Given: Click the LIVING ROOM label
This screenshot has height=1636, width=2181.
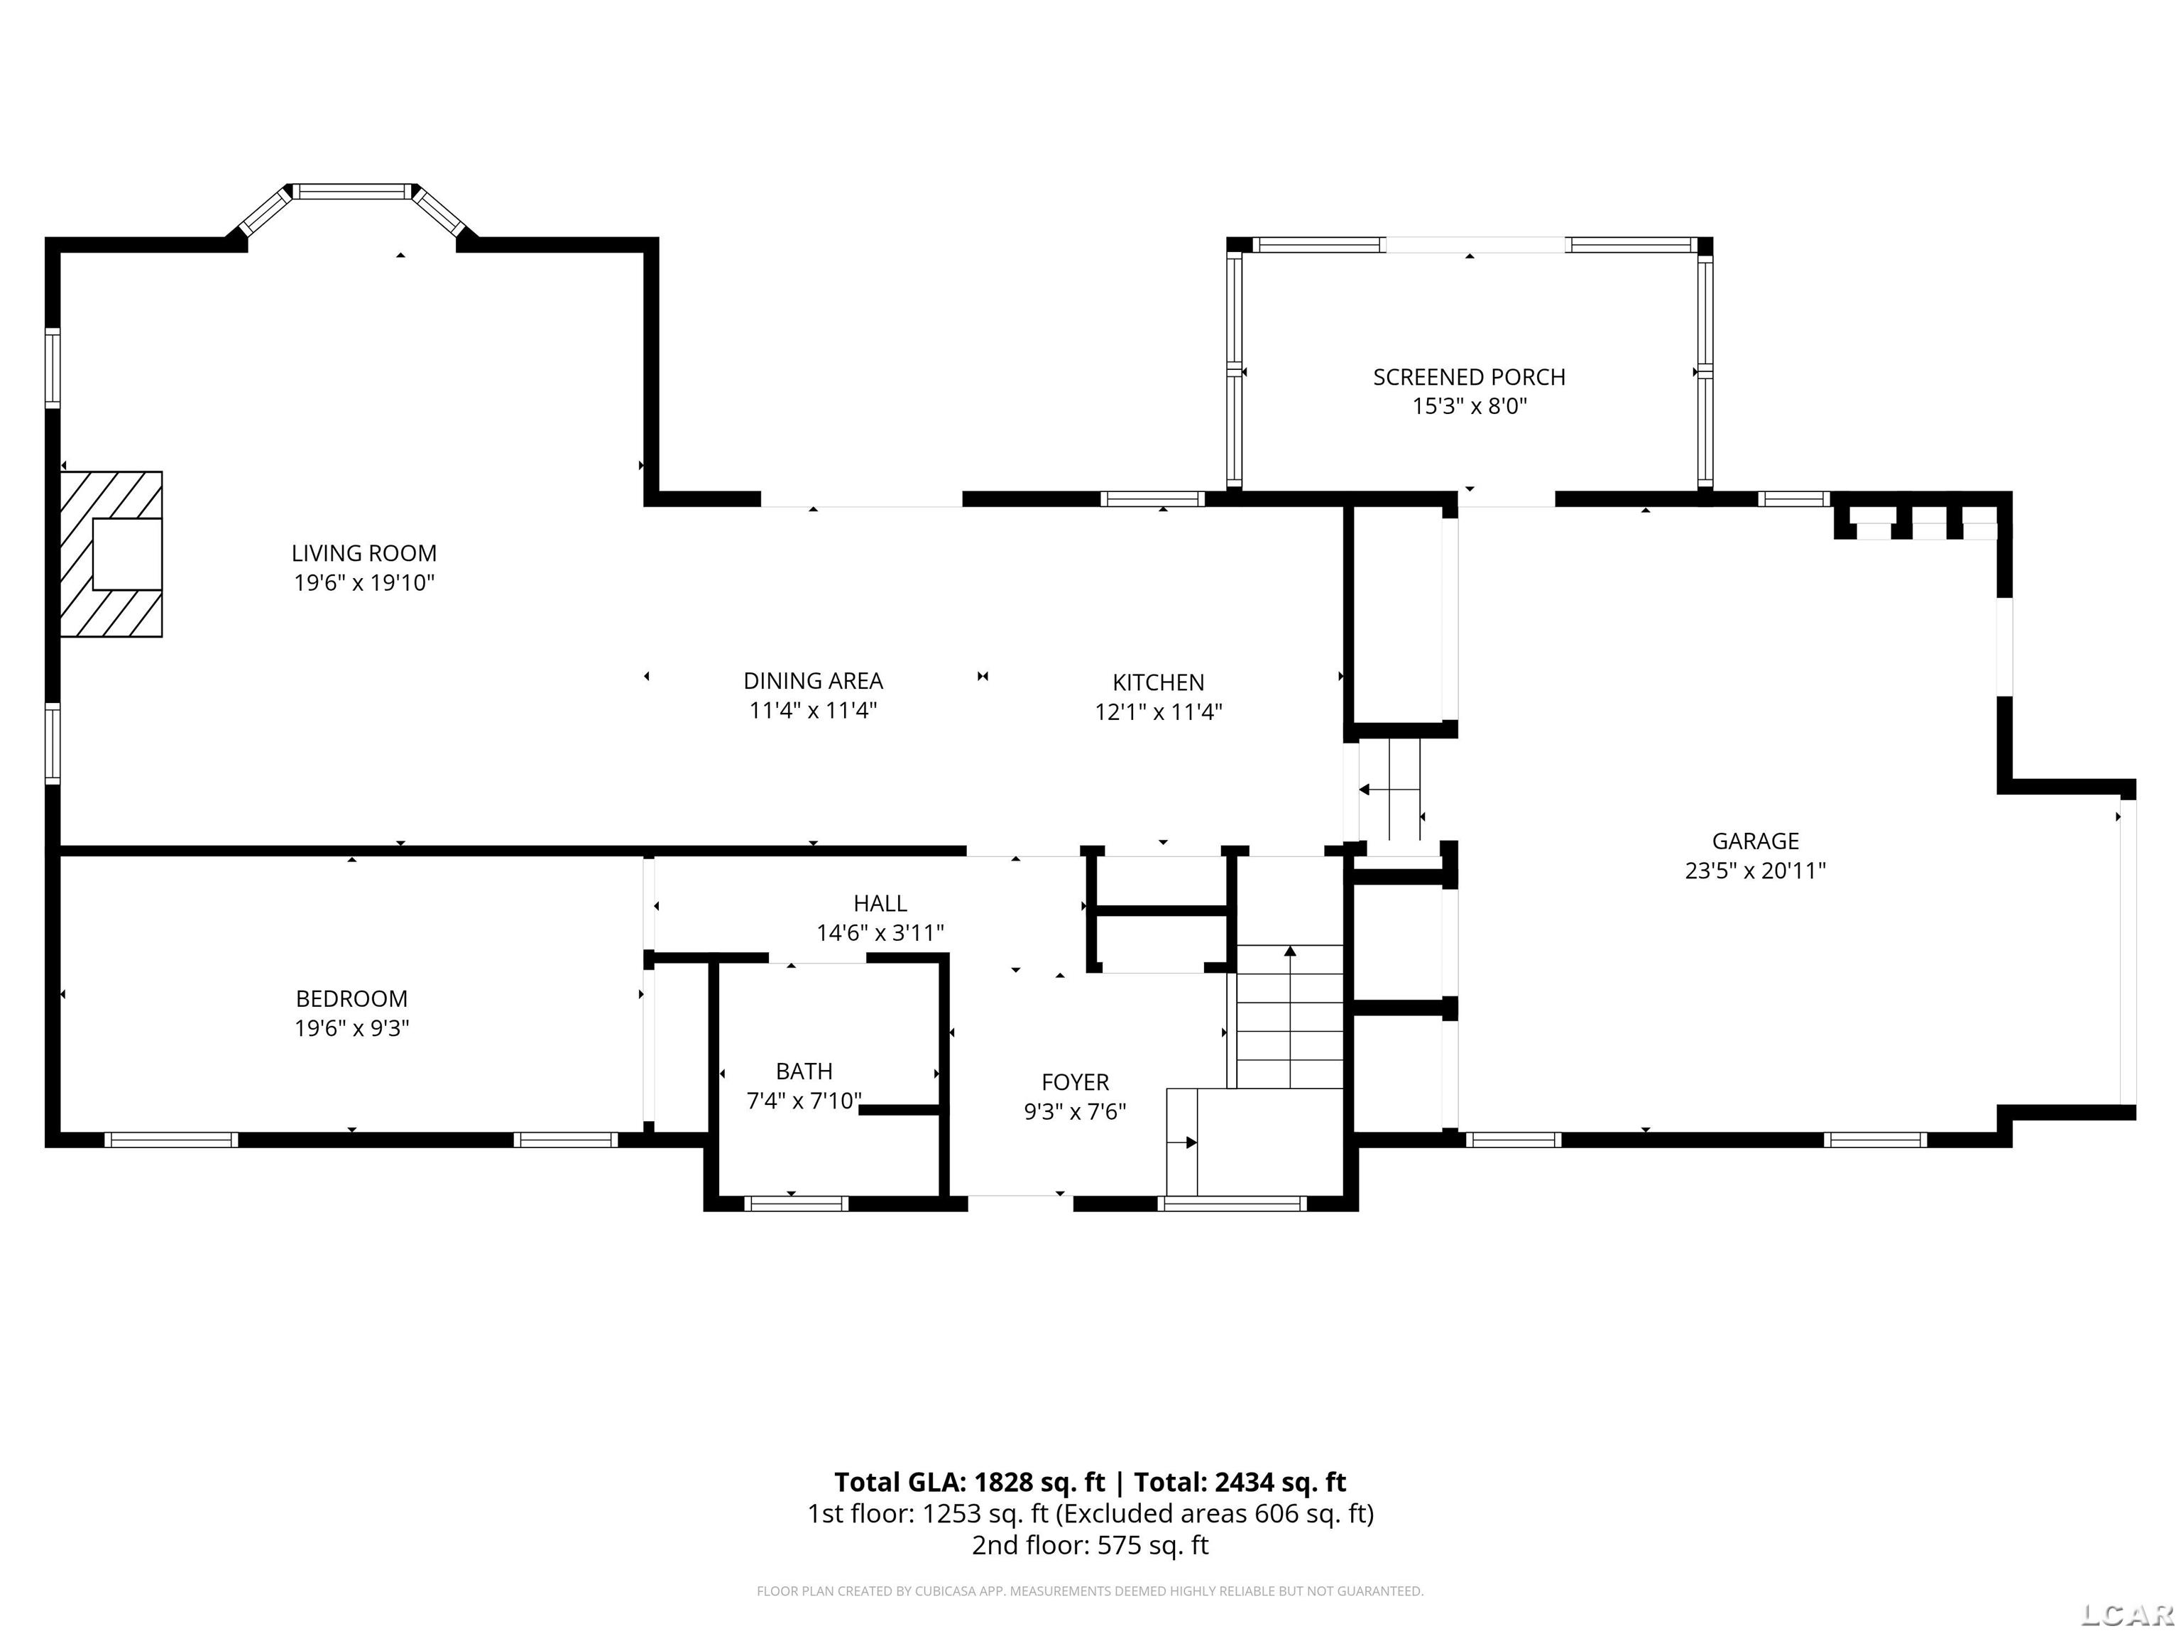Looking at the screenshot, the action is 363,554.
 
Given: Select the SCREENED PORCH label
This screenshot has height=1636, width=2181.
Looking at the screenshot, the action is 1469,377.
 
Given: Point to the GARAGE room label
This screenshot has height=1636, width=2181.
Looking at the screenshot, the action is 1755,841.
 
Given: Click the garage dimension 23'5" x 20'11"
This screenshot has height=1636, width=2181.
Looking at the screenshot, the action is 1755,871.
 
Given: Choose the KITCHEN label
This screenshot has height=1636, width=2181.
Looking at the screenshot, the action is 1159,682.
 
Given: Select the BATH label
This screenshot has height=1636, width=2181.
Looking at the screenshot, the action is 804,1071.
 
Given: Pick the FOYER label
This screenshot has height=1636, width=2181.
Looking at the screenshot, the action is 1076,1082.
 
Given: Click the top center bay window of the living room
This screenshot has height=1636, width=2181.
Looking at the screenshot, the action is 353,191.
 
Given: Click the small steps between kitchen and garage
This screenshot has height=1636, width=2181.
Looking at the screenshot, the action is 1390,789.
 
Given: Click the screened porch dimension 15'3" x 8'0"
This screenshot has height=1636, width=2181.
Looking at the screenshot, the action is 1469,406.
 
